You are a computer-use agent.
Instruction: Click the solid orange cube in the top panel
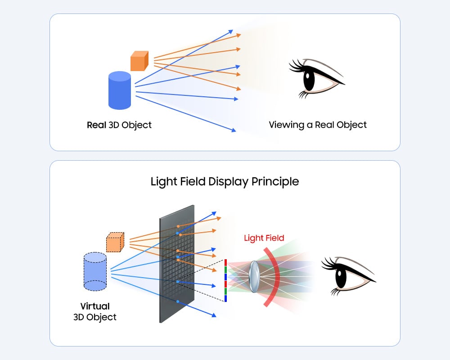click(139, 61)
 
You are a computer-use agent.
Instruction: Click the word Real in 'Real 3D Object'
click(96, 125)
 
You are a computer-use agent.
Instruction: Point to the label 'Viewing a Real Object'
click(318, 125)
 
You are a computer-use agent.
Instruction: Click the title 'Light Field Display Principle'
click(225, 181)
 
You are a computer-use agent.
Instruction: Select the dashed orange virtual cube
click(115, 243)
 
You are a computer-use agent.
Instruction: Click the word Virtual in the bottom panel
click(95, 306)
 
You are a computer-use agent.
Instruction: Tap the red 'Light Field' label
click(264, 238)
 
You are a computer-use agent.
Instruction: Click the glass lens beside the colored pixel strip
click(254, 275)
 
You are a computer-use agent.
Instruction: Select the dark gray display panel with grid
click(177, 263)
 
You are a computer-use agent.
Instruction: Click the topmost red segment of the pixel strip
click(225, 262)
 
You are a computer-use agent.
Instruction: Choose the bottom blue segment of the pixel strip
click(225, 298)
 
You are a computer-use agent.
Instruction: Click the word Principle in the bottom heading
click(278, 181)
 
